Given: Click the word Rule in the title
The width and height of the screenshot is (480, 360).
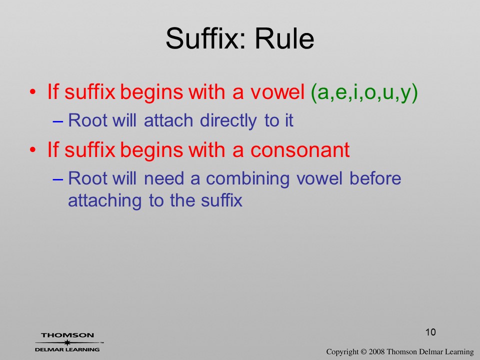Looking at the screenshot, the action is (284, 38).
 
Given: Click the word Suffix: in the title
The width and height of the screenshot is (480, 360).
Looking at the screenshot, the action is (205, 38).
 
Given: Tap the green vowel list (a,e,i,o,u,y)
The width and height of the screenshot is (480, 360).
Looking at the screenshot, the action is (364, 92).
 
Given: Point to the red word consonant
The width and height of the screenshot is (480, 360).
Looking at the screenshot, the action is (300, 149).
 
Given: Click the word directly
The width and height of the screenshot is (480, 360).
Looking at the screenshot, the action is (228, 120).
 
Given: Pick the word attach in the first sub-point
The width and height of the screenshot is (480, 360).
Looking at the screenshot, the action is (168, 120).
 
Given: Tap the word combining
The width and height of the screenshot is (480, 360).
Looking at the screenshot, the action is (247, 179).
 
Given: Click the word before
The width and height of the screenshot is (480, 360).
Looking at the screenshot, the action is (375, 178).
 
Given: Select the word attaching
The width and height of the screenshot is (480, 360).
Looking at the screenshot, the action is (104, 201).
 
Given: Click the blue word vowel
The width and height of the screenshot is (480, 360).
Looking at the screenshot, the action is (319, 178).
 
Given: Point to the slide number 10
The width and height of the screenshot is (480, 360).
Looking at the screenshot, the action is (430, 332).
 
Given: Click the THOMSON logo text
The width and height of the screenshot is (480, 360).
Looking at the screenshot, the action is (67, 335).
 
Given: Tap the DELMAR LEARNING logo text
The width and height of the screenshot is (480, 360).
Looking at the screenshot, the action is (67, 349).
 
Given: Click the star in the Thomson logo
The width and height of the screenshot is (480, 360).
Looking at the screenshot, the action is (67, 342).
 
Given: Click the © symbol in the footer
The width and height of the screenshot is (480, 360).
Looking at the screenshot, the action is (363, 351).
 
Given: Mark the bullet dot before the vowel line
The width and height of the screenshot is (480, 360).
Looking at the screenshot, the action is (33, 92).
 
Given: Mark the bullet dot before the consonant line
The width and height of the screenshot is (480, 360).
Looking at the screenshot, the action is (33, 150).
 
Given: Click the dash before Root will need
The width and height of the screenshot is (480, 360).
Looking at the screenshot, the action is (58, 179).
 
